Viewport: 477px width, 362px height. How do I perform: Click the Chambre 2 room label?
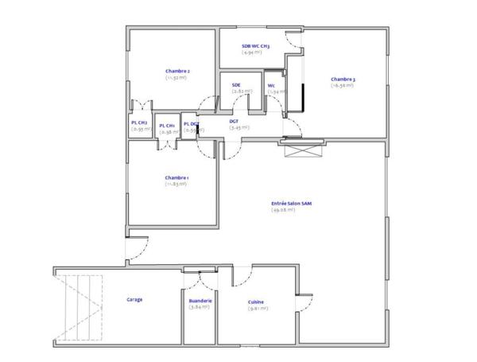click(x=176, y=72)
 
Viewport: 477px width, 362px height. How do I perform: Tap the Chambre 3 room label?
click(x=343, y=79)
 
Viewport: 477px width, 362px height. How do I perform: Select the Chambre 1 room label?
click(x=176, y=177)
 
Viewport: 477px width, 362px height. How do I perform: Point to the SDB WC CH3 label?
click(x=256, y=46)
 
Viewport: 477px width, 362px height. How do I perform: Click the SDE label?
click(x=236, y=84)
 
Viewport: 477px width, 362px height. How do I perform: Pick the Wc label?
click(x=272, y=85)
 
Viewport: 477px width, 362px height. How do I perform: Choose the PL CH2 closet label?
click(x=139, y=123)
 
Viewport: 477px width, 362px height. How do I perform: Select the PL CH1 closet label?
click(x=166, y=126)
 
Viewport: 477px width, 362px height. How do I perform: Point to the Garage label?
click(x=134, y=300)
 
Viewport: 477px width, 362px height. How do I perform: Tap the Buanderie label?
click(x=200, y=301)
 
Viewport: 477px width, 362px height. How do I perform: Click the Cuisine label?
click(x=256, y=302)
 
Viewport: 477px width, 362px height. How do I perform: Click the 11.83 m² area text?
click(x=176, y=184)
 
